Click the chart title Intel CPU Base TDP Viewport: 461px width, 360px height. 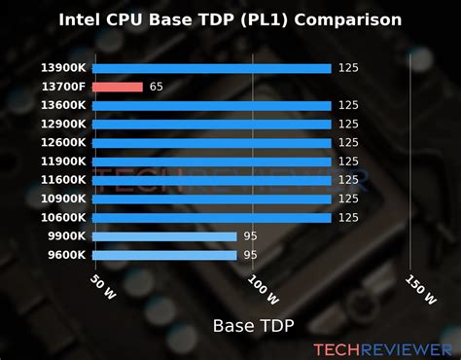230,18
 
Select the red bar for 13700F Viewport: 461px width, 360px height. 119,87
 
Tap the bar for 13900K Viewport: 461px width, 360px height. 213,68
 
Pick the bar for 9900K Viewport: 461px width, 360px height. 165,236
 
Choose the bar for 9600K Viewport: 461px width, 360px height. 165,255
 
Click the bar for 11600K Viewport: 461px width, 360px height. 213,180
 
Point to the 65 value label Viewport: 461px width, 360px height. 156,87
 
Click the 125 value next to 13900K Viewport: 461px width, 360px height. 349,68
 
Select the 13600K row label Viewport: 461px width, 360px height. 63,105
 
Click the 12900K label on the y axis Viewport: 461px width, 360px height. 63,125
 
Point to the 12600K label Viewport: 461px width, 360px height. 63,143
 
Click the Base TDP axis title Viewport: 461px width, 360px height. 253,324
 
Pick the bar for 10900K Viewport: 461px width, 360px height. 213,198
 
